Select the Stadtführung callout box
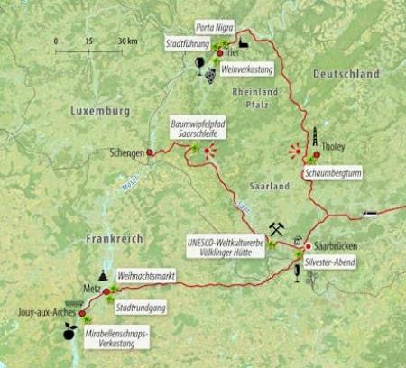188,42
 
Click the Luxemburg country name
100,111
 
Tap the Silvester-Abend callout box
328,262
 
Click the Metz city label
91,291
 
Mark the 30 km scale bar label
126,41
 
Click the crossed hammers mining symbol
275,229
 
